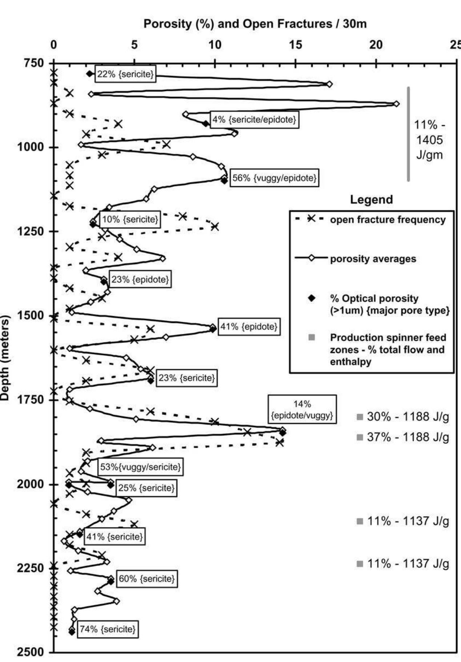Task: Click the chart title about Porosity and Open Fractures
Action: coord(255,24)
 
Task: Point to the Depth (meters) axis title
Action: coord(5,358)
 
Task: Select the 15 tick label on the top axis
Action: coord(296,45)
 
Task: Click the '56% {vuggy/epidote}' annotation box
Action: coord(274,178)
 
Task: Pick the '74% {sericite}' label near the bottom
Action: coord(107,629)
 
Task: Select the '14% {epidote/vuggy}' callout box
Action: coord(302,410)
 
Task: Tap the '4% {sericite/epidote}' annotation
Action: coord(254,119)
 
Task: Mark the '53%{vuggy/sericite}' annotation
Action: coord(140,467)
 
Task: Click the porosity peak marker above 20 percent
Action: coord(396,104)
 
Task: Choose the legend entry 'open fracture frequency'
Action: coord(388,220)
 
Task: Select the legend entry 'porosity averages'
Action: coord(373,259)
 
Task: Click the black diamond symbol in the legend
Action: coord(312,298)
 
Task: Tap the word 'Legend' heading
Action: coord(371,200)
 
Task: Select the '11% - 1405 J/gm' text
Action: coord(429,140)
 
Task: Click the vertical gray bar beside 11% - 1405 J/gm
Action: coord(408,134)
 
